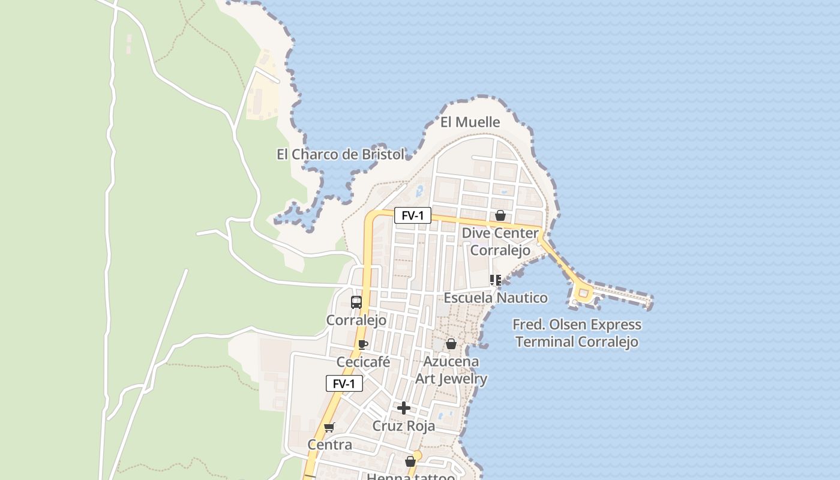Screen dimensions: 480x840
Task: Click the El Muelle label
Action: point(470,122)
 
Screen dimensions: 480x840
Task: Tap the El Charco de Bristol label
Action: point(340,154)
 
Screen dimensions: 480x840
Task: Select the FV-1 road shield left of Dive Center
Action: point(412,215)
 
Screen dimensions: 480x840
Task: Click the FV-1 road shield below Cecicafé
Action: point(344,383)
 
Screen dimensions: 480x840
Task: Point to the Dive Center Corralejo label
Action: point(500,242)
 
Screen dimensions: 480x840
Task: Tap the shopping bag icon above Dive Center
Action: point(500,215)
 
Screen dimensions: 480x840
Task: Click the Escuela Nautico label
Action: point(495,298)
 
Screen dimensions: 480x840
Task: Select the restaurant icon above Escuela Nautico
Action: point(496,280)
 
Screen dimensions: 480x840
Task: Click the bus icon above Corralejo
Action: point(356,302)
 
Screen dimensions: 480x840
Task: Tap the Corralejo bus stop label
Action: point(356,320)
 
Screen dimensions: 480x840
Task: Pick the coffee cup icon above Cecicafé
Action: point(362,344)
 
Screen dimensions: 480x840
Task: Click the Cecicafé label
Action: point(363,362)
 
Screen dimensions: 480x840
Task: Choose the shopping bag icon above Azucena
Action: point(451,344)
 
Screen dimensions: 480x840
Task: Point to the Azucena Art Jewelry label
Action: point(451,370)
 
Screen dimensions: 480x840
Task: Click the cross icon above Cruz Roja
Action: point(404,408)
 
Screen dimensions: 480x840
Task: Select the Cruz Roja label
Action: point(404,426)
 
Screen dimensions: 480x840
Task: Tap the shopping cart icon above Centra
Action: point(329,427)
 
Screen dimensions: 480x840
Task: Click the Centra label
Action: point(329,445)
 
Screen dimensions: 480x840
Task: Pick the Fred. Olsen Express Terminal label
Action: point(577,334)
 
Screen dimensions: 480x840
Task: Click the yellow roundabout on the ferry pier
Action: point(583,293)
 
